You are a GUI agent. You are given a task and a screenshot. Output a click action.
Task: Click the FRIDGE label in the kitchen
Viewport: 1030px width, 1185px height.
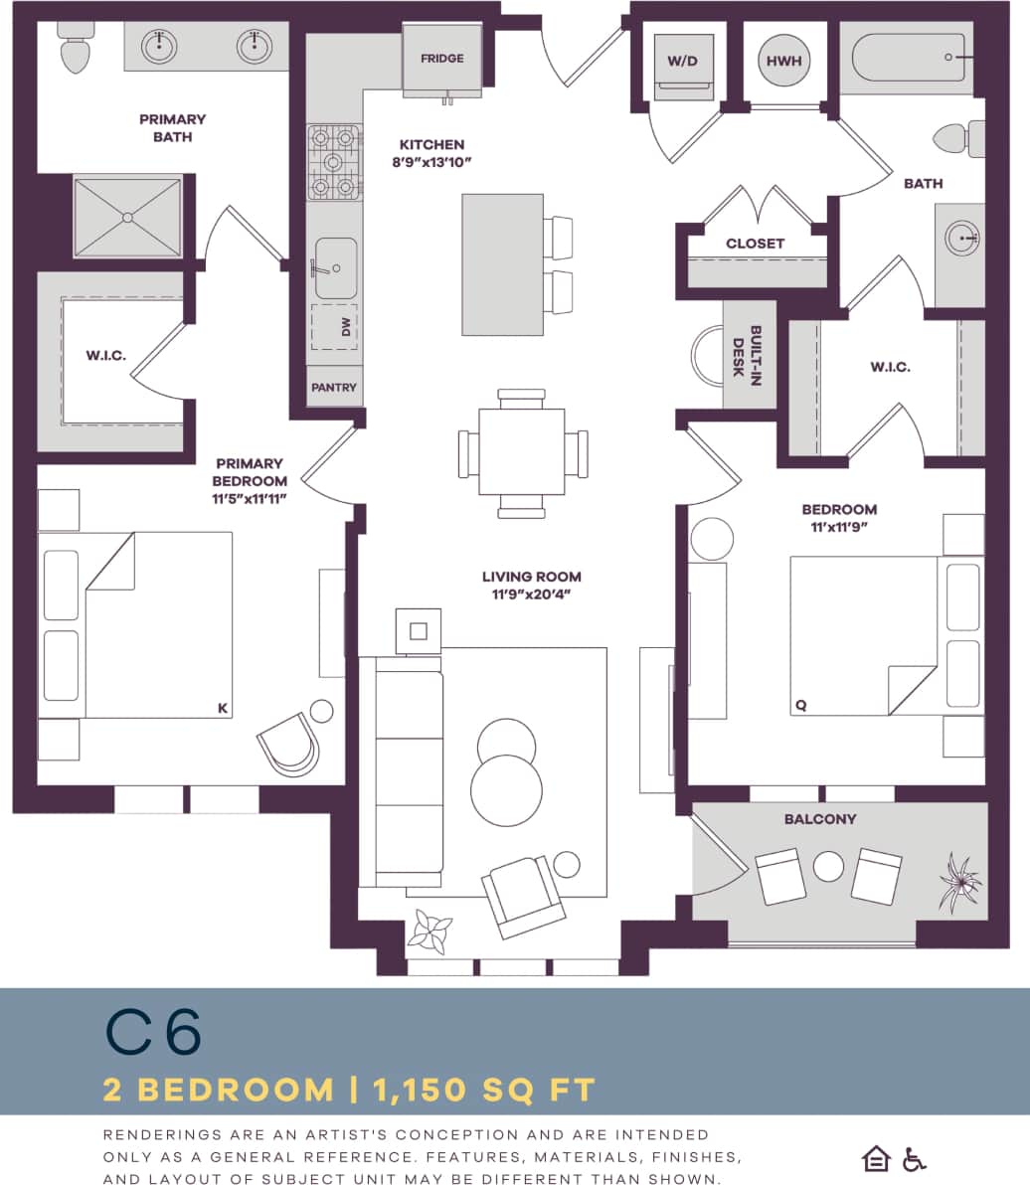click(x=441, y=59)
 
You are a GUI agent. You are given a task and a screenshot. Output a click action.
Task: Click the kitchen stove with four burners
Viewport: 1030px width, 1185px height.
click(x=334, y=162)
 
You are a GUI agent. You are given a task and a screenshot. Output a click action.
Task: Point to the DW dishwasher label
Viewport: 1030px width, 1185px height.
click(x=347, y=327)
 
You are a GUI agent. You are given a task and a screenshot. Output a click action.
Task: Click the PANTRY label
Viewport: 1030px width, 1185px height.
click(x=334, y=387)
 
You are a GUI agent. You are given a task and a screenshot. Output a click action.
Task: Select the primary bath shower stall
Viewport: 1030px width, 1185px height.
click(x=127, y=216)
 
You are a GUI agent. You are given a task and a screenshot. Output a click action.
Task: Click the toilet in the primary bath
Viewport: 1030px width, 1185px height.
click(x=75, y=51)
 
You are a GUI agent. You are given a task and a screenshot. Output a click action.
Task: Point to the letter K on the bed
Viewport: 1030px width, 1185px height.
click(x=222, y=708)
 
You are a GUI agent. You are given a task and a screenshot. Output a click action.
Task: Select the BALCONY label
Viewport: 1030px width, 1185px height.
click(x=819, y=819)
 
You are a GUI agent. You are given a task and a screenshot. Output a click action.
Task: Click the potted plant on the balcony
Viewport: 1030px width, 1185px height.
click(x=959, y=881)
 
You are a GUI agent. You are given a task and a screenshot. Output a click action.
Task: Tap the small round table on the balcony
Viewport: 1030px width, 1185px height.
click(x=828, y=867)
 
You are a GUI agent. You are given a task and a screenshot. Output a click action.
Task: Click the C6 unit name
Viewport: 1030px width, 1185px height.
click(x=153, y=1034)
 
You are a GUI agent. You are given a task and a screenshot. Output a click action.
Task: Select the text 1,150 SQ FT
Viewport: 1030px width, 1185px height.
click(x=484, y=1091)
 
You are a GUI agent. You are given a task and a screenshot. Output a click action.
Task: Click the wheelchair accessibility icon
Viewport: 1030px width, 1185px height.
click(x=913, y=1159)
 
